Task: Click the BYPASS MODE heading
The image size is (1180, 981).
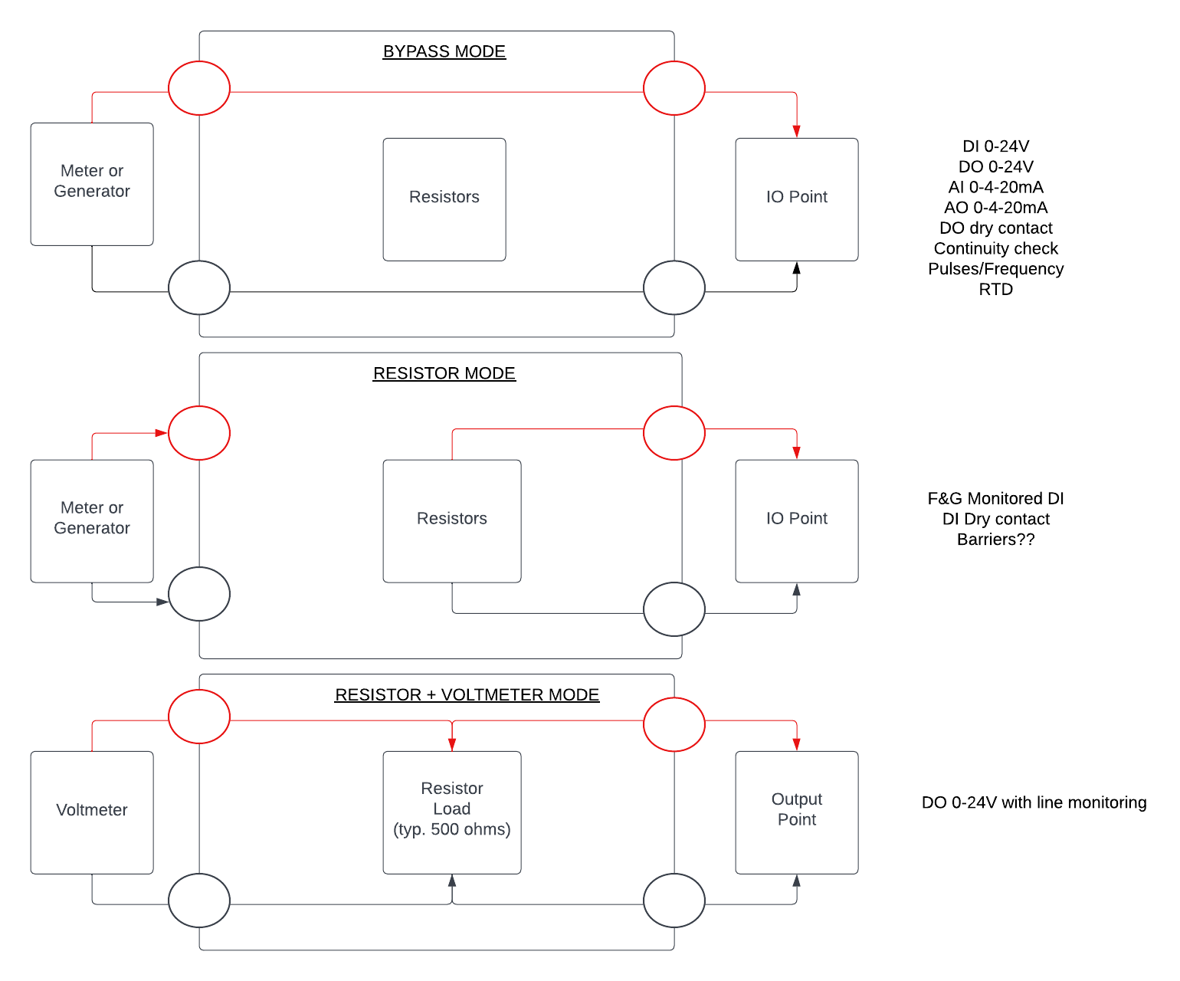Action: [444, 51]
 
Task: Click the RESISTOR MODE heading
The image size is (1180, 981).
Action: [444, 373]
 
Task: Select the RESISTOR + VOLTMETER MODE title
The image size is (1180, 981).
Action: [467, 695]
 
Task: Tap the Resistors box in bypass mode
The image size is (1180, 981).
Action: [444, 199]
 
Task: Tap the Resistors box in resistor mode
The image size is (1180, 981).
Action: [452, 521]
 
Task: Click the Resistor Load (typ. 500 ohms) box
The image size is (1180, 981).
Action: [452, 812]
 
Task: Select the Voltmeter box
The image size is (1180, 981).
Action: [92, 812]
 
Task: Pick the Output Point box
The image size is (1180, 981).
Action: [797, 812]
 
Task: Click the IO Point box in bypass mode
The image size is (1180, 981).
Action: [797, 199]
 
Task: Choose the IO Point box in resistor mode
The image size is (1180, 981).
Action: [797, 521]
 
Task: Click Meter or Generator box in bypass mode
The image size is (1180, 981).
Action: [92, 184]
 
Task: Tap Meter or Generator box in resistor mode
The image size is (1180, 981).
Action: [92, 521]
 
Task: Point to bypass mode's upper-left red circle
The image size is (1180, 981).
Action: [199, 88]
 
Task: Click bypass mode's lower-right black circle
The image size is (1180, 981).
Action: [674, 287]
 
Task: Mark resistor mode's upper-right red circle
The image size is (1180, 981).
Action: [674, 433]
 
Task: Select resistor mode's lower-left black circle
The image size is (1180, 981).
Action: [199, 594]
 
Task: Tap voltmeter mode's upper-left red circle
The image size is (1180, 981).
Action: [199, 717]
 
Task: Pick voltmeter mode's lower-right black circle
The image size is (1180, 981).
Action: [674, 901]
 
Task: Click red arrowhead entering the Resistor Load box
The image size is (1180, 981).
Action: [452, 744]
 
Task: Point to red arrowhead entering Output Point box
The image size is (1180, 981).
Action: [797, 744]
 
